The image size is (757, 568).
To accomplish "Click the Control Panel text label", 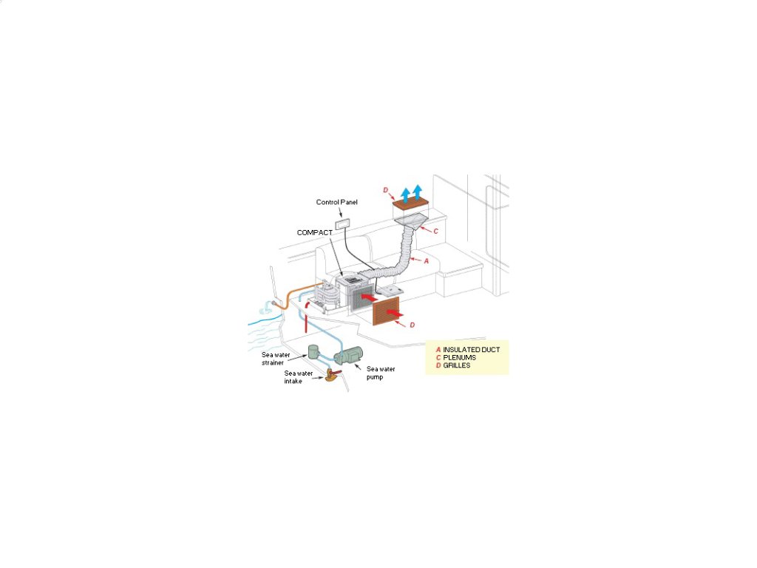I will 336,202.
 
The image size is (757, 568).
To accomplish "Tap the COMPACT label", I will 315,232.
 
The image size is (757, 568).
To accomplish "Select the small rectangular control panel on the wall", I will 343,223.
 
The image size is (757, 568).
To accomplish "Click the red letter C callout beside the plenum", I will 435,231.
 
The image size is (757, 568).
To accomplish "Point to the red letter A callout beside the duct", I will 426,260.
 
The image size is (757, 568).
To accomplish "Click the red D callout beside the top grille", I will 386,190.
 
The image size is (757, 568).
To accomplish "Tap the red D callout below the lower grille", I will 412,325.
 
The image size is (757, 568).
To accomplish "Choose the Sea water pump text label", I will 378,372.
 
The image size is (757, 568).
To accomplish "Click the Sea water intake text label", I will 298,376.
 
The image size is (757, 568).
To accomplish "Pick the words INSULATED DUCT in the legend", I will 471,349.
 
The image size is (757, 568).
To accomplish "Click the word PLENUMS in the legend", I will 459,357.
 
